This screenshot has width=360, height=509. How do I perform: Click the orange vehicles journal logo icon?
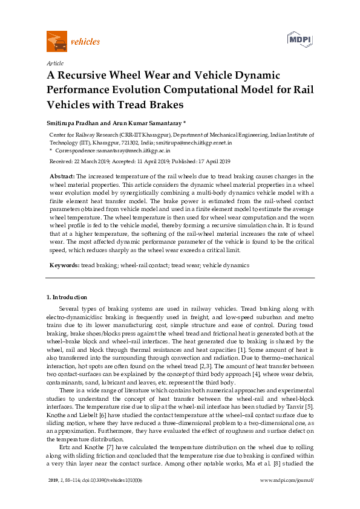pos(57,42)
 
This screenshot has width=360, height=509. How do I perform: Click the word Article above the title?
pos(55,63)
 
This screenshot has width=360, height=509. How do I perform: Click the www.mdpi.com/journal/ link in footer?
pos(286,496)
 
